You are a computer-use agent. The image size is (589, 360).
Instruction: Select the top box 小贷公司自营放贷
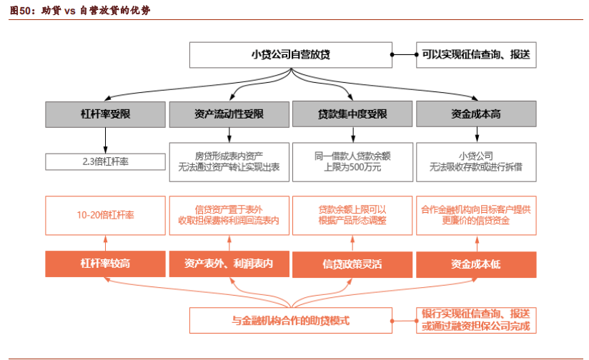(290, 54)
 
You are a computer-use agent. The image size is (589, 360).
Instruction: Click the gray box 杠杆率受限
(105, 114)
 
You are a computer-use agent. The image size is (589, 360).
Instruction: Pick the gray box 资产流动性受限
(229, 114)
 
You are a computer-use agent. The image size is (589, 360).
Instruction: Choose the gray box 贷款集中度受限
(352, 114)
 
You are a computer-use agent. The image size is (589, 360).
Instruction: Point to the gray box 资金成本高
(475, 114)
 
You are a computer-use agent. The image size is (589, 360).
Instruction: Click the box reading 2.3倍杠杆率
(105, 161)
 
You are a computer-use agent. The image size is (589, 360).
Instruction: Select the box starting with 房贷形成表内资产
(229, 161)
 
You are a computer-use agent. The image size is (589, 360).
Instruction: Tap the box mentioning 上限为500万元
(352, 161)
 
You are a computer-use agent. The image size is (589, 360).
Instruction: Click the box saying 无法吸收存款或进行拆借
(475, 161)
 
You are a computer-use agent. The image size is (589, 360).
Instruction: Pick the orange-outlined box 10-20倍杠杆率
(105, 215)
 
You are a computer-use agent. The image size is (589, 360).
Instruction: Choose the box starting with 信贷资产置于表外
(229, 215)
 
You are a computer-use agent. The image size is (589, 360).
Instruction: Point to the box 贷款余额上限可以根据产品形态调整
(352, 215)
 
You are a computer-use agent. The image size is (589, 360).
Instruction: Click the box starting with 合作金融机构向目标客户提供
(475, 215)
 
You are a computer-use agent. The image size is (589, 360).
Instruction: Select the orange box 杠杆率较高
(105, 264)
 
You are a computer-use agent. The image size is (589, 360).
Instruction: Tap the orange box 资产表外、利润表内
(229, 264)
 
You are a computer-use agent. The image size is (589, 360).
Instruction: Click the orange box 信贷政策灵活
(352, 264)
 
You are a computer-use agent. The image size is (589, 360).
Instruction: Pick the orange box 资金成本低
(475, 264)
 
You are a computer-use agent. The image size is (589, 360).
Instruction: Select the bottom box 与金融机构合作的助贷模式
(290, 321)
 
